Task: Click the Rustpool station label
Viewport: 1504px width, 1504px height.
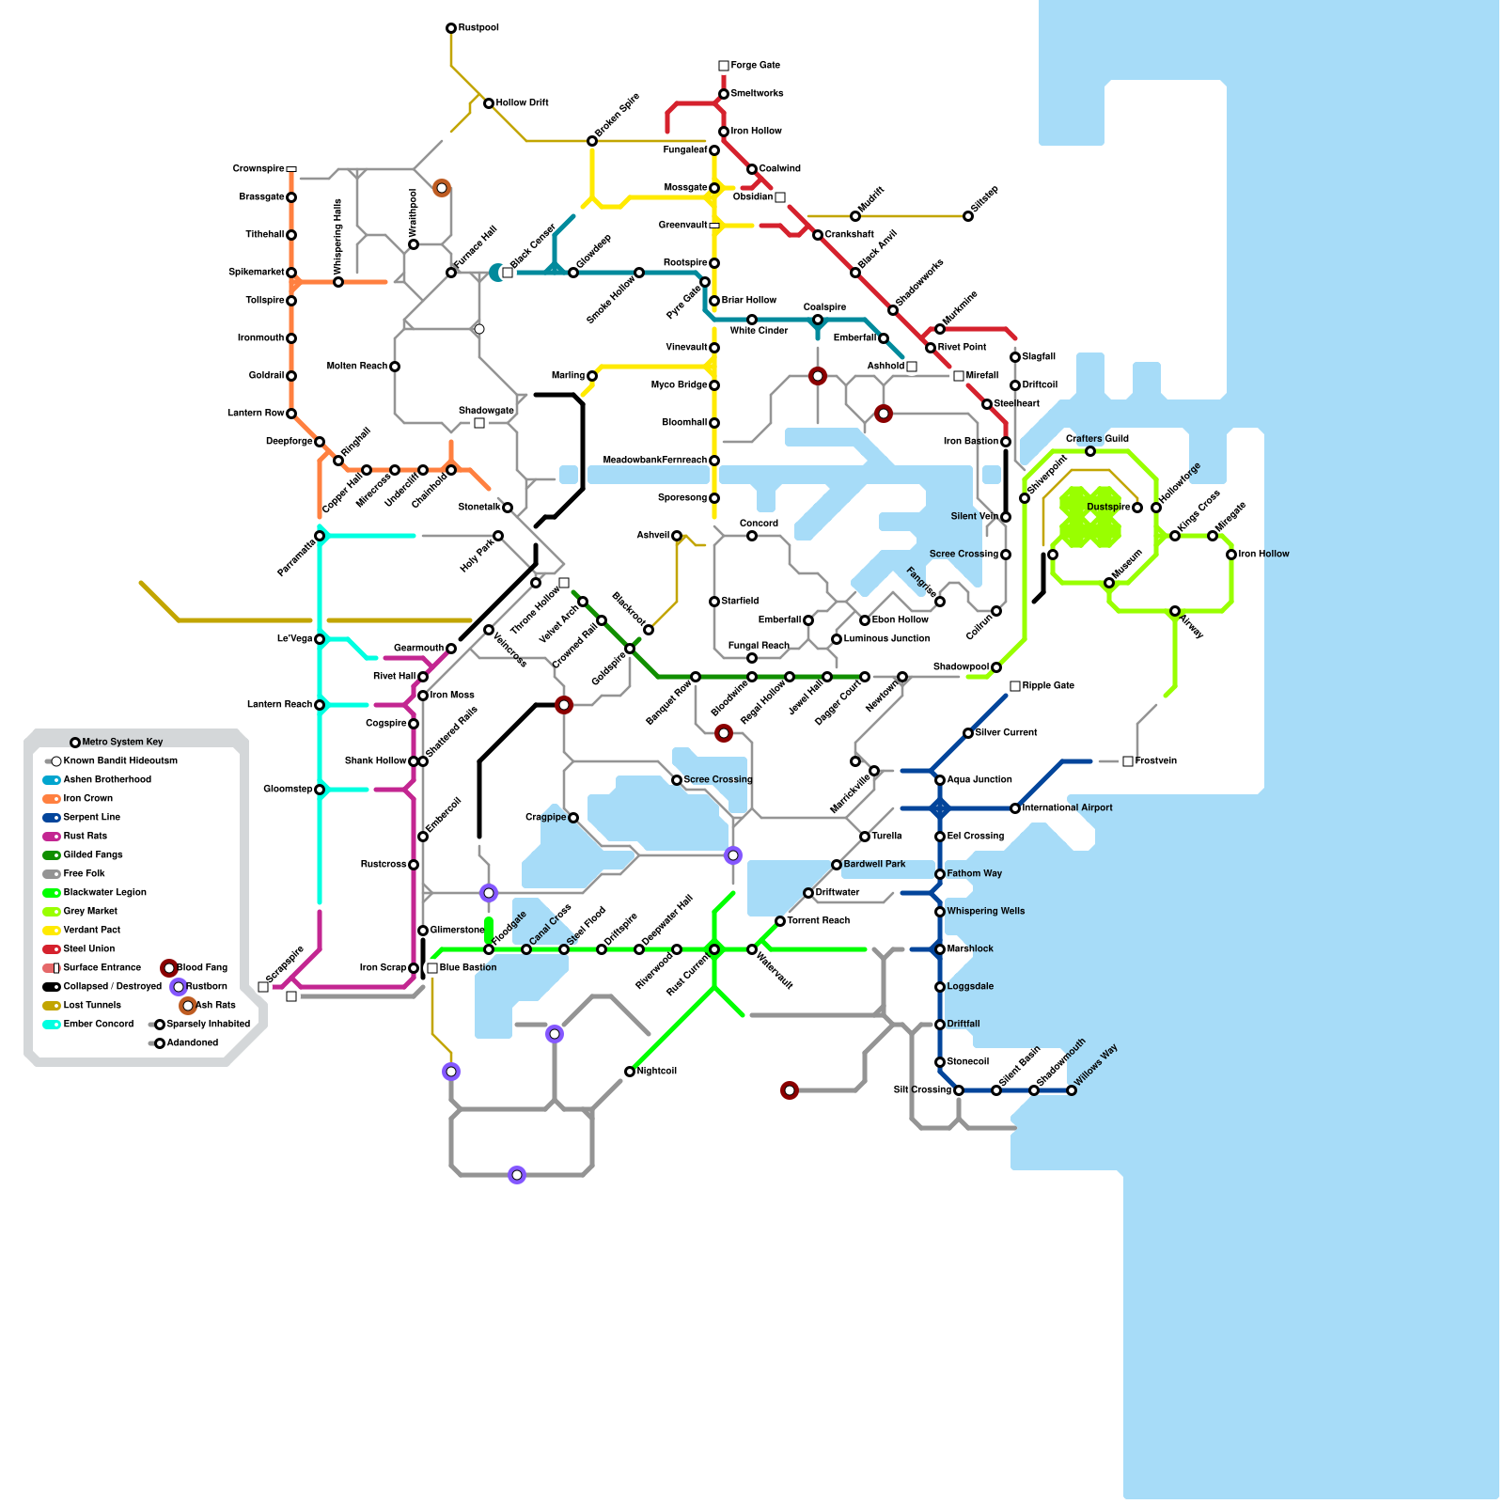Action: click(x=478, y=28)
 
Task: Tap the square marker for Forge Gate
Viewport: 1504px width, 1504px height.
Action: click(x=724, y=66)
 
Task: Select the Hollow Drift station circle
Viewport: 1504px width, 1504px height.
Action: click(x=489, y=103)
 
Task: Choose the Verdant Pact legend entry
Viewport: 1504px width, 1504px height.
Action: click(x=91, y=931)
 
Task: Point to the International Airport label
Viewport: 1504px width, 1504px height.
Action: click(x=1067, y=808)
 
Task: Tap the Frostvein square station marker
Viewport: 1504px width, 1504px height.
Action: click(x=1128, y=761)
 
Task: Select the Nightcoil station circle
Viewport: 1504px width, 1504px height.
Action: click(x=630, y=1072)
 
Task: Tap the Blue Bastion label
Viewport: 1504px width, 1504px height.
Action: click(x=468, y=968)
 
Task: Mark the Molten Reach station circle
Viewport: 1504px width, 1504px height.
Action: click(x=395, y=367)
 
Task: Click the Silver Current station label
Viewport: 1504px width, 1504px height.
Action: click(x=1007, y=733)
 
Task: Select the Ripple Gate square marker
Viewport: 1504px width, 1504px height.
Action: click(x=1015, y=686)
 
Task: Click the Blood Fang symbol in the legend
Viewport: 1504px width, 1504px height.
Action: click(x=169, y=968)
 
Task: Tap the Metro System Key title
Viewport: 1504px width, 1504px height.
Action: click(x=122, y=743)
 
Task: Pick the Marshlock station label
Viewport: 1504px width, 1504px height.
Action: click(x=970, y=949)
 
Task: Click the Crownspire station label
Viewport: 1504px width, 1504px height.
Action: click(x=258, y=169)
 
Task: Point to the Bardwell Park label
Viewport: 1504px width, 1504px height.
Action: click(x=874, y=865)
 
